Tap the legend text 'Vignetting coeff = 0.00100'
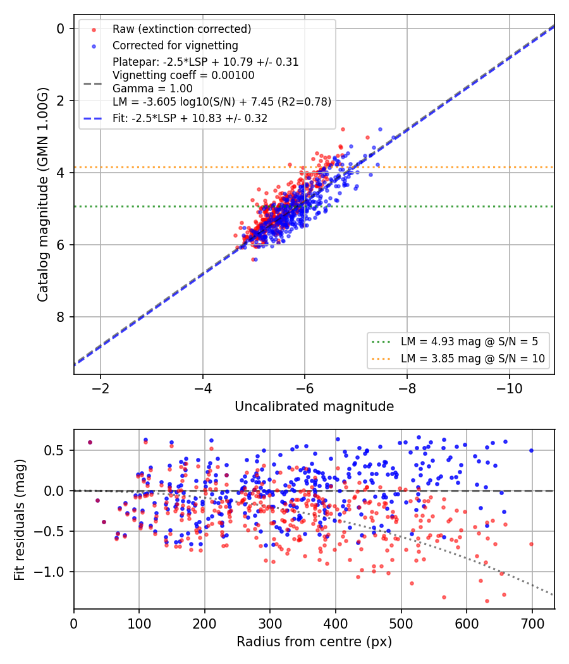pos(183,75)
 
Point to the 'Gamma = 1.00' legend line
pos(152,89)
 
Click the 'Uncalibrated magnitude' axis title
pos(314,407)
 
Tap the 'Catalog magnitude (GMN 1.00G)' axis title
pos(43,195)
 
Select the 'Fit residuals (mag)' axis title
pos(20,520)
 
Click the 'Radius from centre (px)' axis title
pos(314,642)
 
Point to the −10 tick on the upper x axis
pos(510,388)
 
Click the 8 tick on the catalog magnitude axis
pos(60,317)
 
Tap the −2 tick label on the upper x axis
pos(101,388)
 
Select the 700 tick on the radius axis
pos(532,624)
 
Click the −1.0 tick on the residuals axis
pos(49,572)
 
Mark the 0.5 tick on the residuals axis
pos(54,450)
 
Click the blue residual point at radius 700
pos(531,450)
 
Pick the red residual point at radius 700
pos(531,544)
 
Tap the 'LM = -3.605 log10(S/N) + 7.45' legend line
pos(222,102)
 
